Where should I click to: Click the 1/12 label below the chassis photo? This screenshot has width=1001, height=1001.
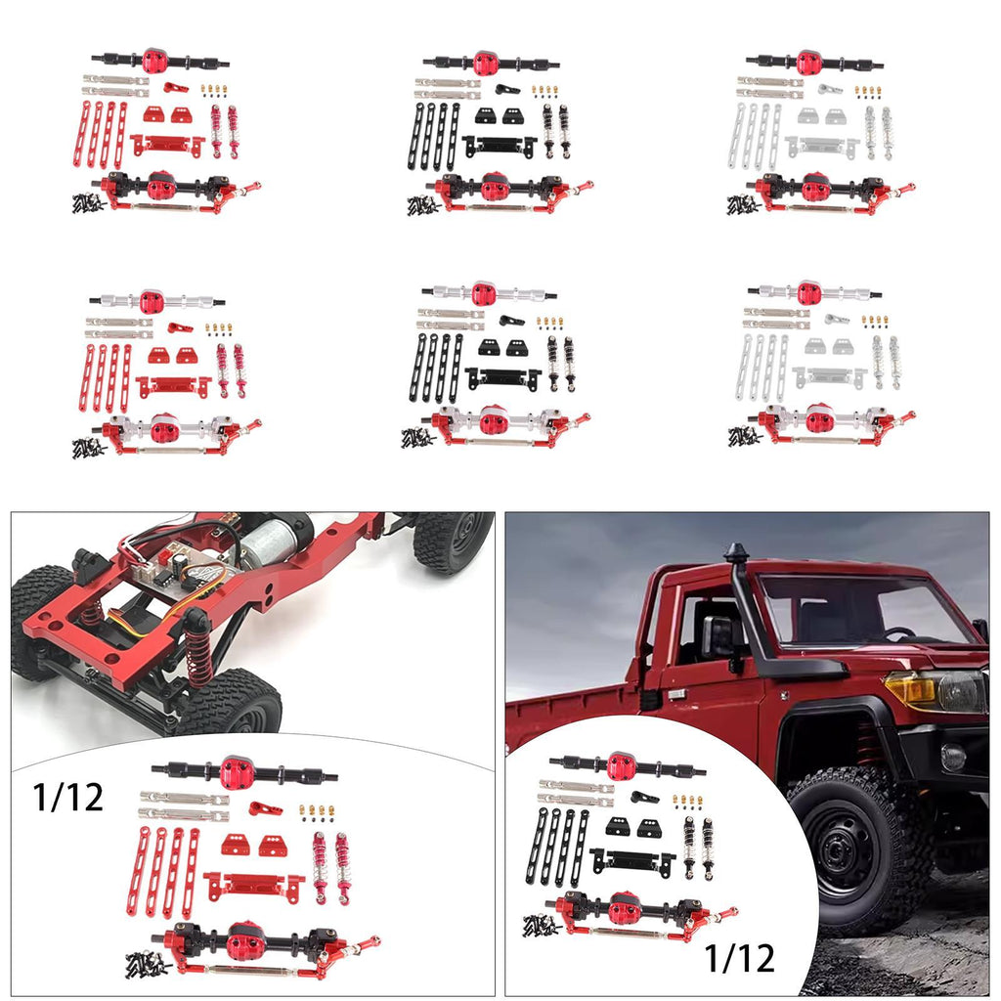pyautogui.click(x=67, y=798)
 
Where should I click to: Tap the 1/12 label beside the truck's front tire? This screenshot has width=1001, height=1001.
pyautogui.click(x=739, y=958)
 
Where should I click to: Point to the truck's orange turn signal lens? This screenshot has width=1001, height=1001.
pyautogui.click(x=910, y=688)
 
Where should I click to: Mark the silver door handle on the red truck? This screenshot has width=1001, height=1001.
pyautogui.click(x=675, y=694)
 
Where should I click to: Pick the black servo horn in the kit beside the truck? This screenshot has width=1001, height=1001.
pyautogui.click(x=643, y=797)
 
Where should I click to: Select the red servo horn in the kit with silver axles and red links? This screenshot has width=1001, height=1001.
pyautogui.click(x=180, y=328)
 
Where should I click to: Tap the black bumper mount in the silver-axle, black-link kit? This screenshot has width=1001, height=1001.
pyautogui.click(x=502, y=378)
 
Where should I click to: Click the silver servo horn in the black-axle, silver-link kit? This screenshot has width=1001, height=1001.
pyautogui.click(x=830, y=89)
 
